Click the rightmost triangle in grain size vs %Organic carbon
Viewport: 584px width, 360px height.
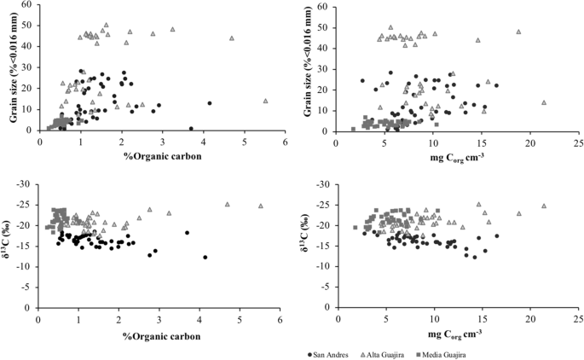click(265, 101)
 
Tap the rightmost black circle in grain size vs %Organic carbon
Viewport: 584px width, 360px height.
click(209, 103)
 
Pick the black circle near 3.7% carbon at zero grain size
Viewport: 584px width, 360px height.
click(190, 129)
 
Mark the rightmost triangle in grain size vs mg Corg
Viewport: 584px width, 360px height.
click(544, 102)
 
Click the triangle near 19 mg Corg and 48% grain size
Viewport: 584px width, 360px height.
click(518, 32)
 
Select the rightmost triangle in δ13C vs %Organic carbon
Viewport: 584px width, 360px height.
click(261, 206)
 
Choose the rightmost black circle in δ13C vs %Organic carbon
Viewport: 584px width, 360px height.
click(205, 257)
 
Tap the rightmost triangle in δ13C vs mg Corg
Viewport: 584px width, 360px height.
click(544, 206)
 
